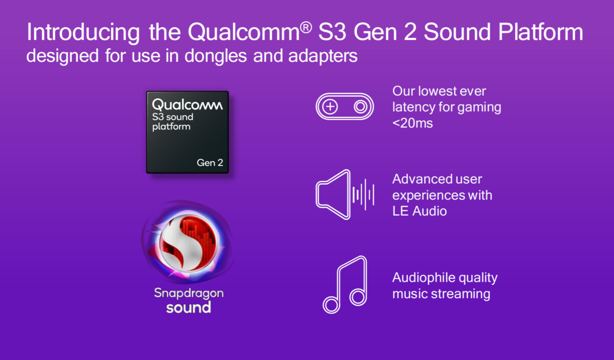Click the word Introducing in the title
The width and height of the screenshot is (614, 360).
click(x=83, y=33)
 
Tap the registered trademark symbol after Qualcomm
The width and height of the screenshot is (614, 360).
click(x=306, y=28)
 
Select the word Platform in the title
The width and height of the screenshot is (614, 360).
click(x=540, y=32)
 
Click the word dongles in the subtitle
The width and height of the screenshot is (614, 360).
click(x=215, y=56)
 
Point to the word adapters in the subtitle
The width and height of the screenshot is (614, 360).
click(x=323, y=56)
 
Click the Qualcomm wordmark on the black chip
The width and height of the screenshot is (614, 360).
click(x=187, y=104)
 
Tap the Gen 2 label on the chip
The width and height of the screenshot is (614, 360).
click(x=210, y=163)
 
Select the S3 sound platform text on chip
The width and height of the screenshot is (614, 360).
click(x=173, y=122)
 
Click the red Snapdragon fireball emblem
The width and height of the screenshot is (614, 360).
click(x=187, y=242)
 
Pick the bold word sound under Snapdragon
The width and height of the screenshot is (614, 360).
click(x=189, y=307)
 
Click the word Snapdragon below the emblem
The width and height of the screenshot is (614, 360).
click(x=189, y=294)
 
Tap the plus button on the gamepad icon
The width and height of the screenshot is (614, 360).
click(x=330, y=106)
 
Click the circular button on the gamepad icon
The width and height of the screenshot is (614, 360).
click(x=360, y=106)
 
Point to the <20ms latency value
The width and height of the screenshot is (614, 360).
click(x=412, y=123)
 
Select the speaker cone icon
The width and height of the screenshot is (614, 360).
click(x=333, y=194)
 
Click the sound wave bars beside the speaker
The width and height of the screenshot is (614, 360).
click(x=363, y=194)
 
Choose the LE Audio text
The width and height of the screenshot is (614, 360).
click(x=420, y=211)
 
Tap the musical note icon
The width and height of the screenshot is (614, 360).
click(x=345, y=285)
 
